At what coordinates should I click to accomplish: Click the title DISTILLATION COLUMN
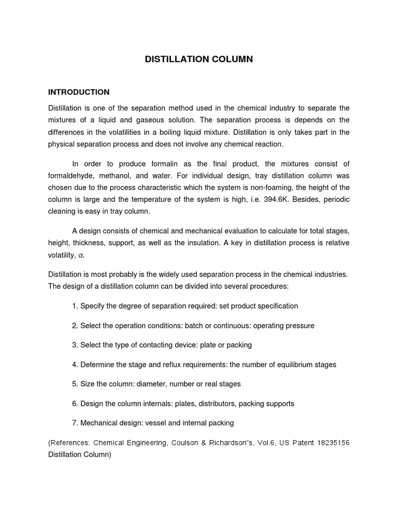tap(198, 59)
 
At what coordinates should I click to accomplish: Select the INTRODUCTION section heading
tap(78, 92)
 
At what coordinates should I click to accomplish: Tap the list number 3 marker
tap(75, 345)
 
